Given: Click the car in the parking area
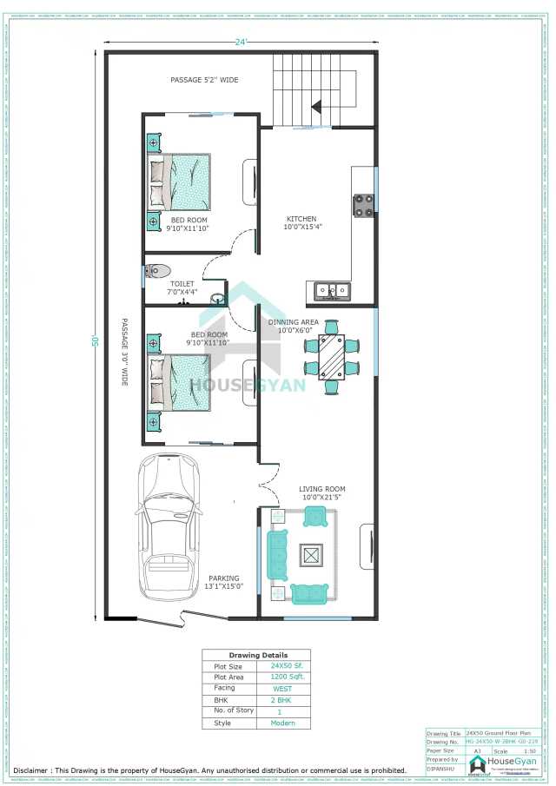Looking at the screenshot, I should tap(170, 532).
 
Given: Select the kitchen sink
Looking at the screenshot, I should tap(333, 290).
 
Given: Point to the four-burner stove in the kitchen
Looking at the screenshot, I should tap(362, 205).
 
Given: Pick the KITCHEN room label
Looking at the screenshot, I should tap(302, 219).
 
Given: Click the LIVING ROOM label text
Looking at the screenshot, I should tap(322, 489).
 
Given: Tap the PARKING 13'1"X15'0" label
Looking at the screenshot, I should tap(223, 582).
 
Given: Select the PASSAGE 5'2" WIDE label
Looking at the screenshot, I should tap(204, 80).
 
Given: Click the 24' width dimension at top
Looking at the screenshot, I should tap(240, 39).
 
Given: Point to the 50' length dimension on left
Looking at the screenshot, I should tap(96, 340).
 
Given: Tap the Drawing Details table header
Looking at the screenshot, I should tap(257, 655).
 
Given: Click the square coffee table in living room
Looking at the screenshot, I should tap(310, 554).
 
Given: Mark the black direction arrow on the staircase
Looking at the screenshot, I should tap(317, 105).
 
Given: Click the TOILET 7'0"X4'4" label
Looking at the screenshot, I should tap(182, 287).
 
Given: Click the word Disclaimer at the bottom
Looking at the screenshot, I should tap(31, 769).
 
